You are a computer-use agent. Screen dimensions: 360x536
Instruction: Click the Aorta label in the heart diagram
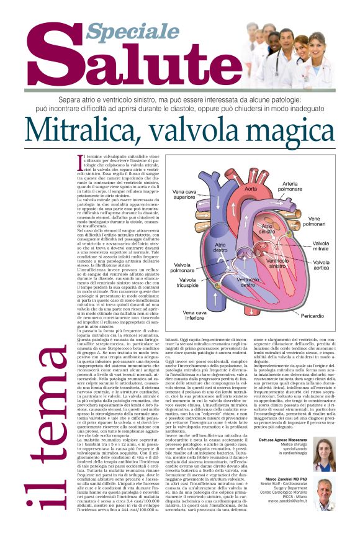coord(251,188)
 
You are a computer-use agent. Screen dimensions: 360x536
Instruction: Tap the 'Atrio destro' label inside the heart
coord(220,248)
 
